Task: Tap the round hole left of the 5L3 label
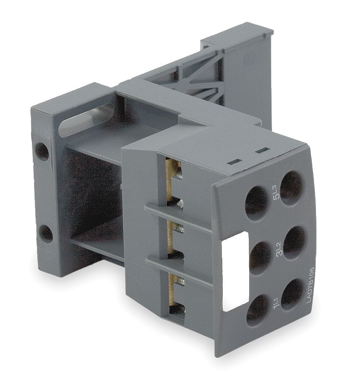257,202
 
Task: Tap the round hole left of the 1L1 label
257,309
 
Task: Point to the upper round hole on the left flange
42,152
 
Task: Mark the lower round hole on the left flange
46,234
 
